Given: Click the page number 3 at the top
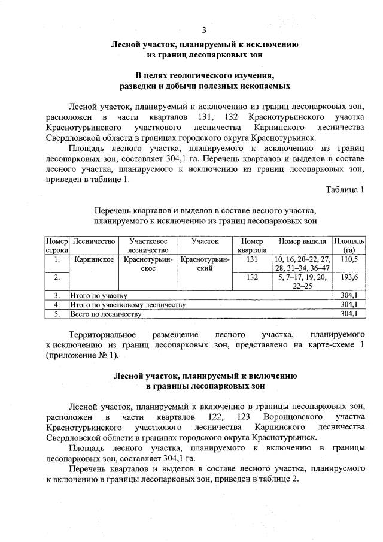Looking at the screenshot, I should (205, 31).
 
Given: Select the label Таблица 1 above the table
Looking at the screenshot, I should (344, 190).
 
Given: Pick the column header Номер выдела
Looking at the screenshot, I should (302, 240).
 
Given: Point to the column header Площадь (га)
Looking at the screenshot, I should (348, 245).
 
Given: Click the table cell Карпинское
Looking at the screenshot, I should (93, 260).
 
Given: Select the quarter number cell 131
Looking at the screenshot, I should (251, 259).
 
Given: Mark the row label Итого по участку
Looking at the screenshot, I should (99, 296).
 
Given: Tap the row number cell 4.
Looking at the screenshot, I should (57, 305).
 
